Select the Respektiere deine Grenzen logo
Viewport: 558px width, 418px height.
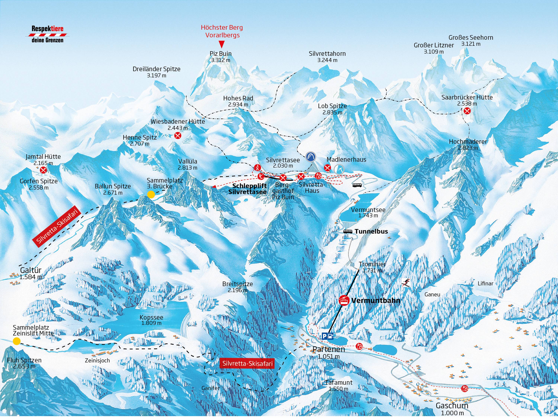[47, 34]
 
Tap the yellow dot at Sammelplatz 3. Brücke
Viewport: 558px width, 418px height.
[151, 194]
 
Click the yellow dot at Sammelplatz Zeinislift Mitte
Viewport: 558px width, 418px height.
[17, 341]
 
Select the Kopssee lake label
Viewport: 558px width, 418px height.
[151, 317]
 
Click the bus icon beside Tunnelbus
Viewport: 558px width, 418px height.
[348, 231]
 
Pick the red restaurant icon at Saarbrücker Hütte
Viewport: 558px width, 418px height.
[467, 110]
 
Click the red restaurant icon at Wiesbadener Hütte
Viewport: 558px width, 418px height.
[178, 136]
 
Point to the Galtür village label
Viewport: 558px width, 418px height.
[31, 271]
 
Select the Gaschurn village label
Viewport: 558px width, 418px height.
[452, 406]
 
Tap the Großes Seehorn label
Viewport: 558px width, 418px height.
[471, 38]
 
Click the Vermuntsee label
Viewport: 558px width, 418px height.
[368, 210]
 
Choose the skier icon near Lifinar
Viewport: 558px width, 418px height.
[406, 283]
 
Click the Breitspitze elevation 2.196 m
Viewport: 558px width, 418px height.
[237, 290]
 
